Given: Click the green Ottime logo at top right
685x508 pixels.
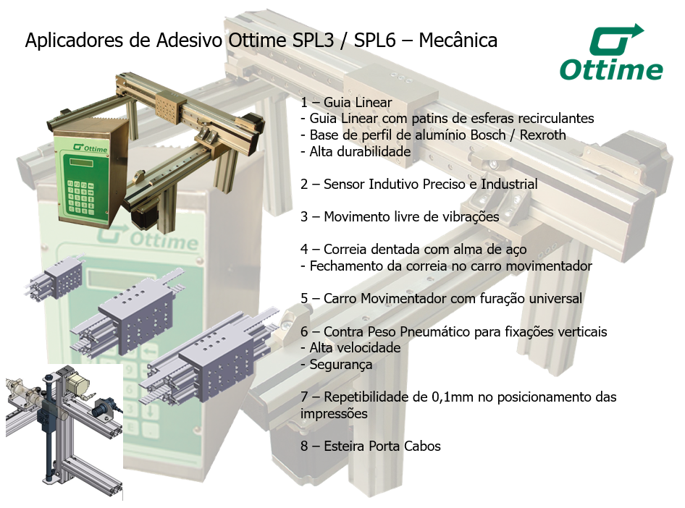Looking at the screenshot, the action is (610, 52).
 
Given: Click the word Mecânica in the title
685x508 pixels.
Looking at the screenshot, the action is (458, 40).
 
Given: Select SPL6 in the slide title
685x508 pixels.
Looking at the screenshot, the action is (375, 40).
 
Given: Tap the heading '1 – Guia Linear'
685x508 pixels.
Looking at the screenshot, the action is (346, 103).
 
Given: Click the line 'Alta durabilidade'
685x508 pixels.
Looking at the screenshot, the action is (356, 152).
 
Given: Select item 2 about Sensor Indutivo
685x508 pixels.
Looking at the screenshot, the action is (419, 185).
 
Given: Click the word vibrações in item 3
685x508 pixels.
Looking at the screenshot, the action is (470, 217).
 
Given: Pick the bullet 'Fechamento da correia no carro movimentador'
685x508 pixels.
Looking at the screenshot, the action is (446, 266).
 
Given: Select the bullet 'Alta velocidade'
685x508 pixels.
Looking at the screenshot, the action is (350, 348).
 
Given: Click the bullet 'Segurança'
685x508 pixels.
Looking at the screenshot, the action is (337, 365).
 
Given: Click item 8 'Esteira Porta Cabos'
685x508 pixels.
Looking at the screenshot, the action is (371, 446).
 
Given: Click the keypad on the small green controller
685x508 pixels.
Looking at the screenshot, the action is (80, 197).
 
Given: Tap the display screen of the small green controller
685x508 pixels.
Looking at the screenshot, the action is (81, 163).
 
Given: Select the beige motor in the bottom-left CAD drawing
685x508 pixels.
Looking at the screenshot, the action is (77, 384).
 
